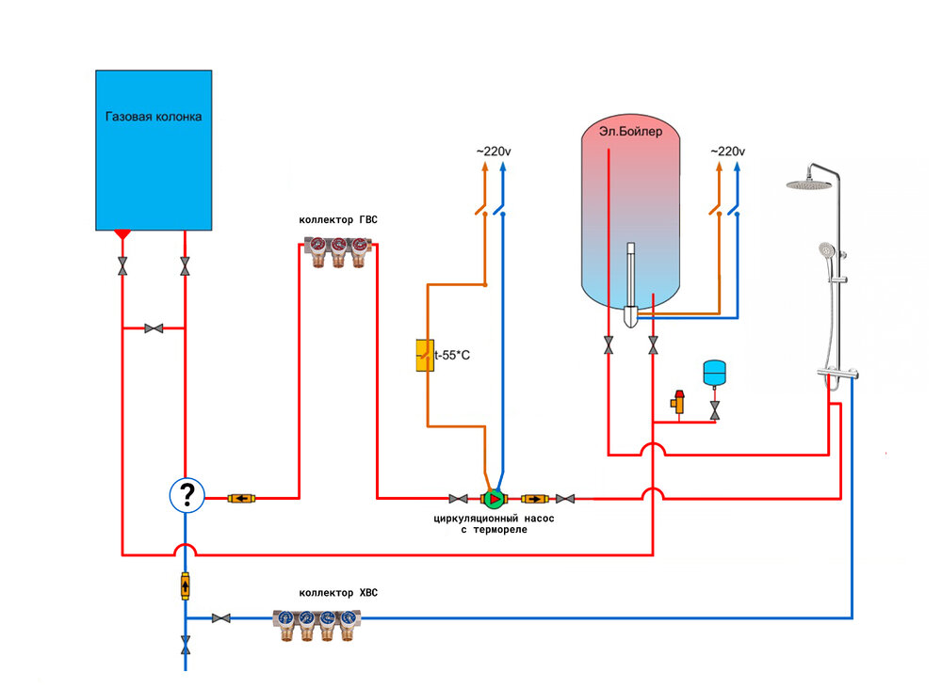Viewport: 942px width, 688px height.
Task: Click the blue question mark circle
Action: click(187, 494)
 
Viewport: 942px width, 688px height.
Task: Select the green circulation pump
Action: click(493, 498)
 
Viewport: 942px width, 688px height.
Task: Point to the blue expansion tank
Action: click(715, 371)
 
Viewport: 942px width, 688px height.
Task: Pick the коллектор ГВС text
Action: click(338, 220)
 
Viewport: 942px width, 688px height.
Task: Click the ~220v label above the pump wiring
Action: click(494, 152)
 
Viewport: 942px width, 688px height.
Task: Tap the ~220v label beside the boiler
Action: click(727, 152)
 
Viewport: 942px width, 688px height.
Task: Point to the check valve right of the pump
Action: click(535, 498)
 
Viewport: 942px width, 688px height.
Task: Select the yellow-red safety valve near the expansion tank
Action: click(677, 402)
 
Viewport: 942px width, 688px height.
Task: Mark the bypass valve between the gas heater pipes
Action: click(154, 328)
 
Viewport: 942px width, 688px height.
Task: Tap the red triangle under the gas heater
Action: click(122, 232)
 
